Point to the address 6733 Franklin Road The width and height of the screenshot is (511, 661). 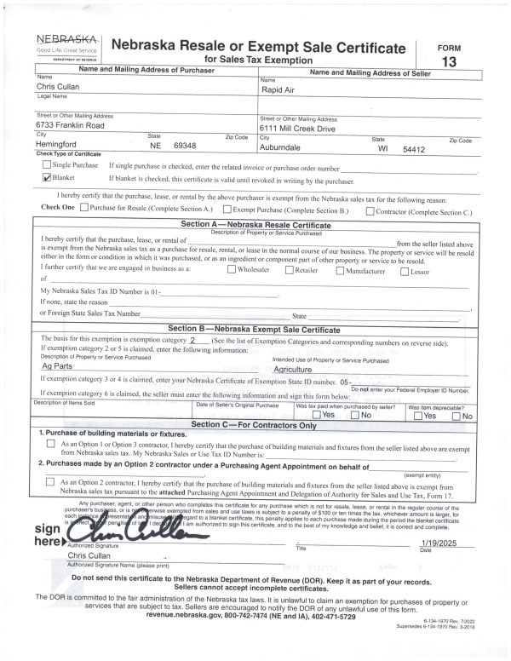click(x=70, y=124)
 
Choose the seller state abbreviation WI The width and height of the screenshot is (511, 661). click(x=384, y=147)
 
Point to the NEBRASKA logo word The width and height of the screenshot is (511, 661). click(x=66, y=39)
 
